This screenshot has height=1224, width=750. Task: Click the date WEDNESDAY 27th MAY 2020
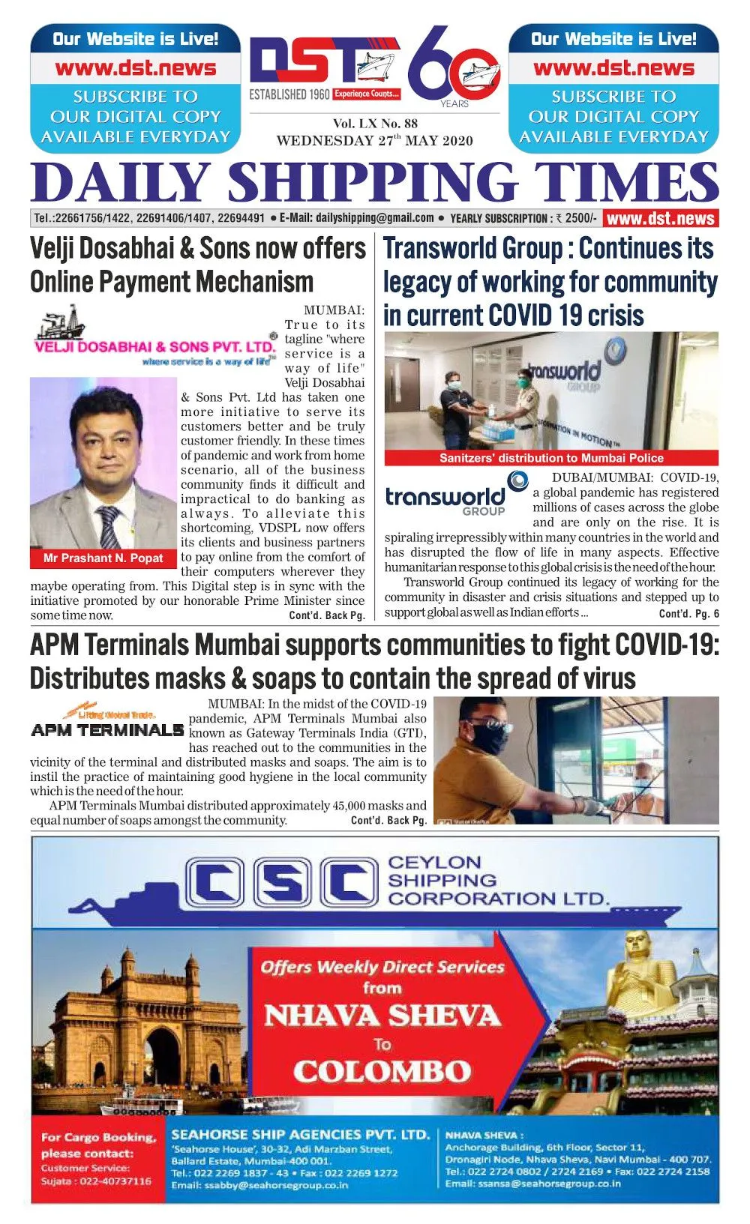[374, 140]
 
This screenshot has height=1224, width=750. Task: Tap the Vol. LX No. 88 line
[375, 124]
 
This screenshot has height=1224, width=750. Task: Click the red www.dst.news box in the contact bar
[660, 219]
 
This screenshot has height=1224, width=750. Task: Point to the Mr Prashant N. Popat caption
[103, 558]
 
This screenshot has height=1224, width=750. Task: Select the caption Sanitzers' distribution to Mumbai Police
[551, 458]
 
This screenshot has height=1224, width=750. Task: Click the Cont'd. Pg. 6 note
[688, 614]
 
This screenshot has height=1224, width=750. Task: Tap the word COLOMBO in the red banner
[382, 1071]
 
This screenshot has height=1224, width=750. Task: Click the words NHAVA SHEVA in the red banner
[382, 1016]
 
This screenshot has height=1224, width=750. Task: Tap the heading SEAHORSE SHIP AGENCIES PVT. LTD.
[300, 1135]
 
